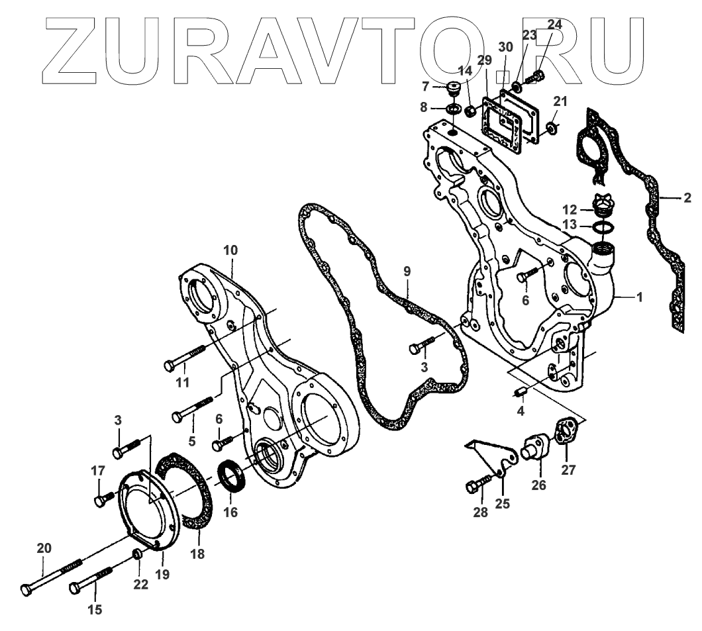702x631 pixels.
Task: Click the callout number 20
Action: tap(44, 548)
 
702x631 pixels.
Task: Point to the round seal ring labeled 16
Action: tap(232, 479)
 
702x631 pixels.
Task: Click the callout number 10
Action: tap(230, 251)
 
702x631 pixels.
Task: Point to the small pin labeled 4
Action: tap(520, 392)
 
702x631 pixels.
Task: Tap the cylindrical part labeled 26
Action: tap(534, 453)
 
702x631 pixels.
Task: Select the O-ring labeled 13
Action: tap(603, 228)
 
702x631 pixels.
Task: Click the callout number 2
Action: tap(687, 197)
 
